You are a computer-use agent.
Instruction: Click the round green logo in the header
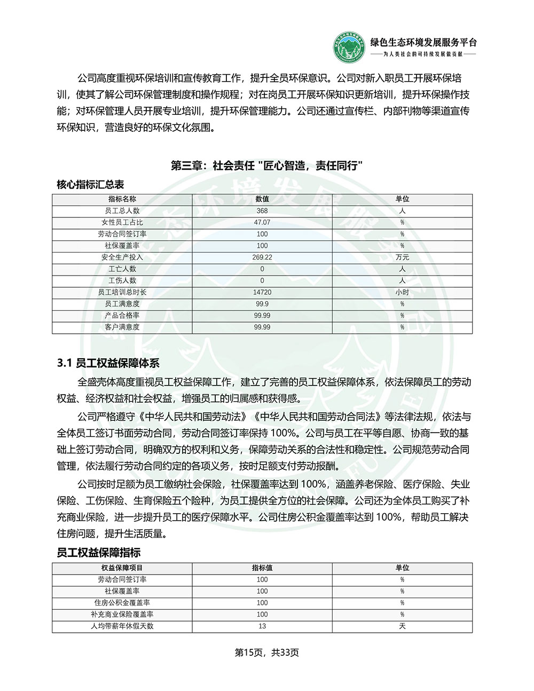point(348,48)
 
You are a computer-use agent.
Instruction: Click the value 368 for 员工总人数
point(262,211)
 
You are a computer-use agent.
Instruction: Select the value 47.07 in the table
point(262,223)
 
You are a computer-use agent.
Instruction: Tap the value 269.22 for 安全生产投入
point(262,257)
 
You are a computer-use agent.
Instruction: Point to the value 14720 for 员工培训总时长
point(262,293)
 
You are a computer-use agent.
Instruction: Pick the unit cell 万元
point(402,257)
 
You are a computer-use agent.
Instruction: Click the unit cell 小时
point(402,293)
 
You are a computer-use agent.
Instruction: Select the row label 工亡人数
point(122,269)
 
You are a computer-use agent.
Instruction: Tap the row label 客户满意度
point(122,327)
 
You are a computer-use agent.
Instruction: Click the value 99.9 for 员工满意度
point(262,304)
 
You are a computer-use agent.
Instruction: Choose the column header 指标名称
point(122,199)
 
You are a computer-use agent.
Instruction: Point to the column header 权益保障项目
point(122,568)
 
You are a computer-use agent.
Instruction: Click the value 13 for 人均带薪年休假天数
point(262,626)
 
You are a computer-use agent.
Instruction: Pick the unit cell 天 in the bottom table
point(402,626)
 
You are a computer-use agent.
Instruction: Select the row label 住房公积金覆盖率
point(122,603)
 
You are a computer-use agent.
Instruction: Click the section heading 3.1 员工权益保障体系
point(108,364)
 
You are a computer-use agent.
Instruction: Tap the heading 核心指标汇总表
point(90,185)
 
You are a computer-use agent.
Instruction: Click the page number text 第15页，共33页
point(267,653)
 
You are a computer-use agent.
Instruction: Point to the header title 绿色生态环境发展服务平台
point(423,43)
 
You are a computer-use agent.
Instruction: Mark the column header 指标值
point(262,568)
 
